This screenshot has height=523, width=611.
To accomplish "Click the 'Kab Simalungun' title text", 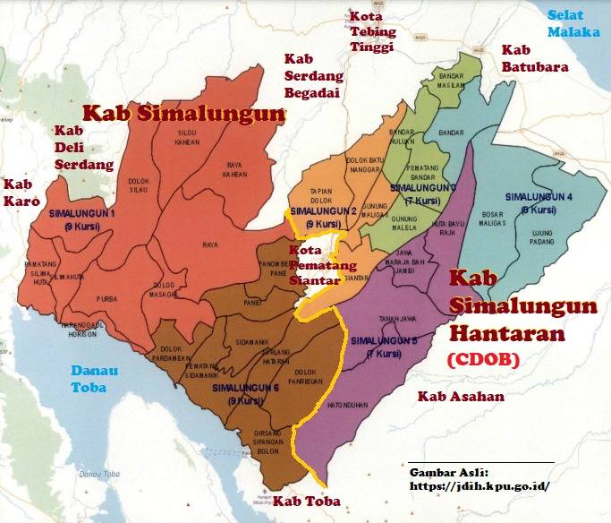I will pyautogui.click(x=183, y=114).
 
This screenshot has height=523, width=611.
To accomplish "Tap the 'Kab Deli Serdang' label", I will pyautogui.click(x=83, y=148).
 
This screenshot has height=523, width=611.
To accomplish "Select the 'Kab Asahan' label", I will pyautogui.click(x=462, y=396).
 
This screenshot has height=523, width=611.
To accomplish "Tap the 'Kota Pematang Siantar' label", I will pyautogui.click(x=315, y=265).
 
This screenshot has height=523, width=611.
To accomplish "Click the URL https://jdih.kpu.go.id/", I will pyautogui.click(x=479, y=487).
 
